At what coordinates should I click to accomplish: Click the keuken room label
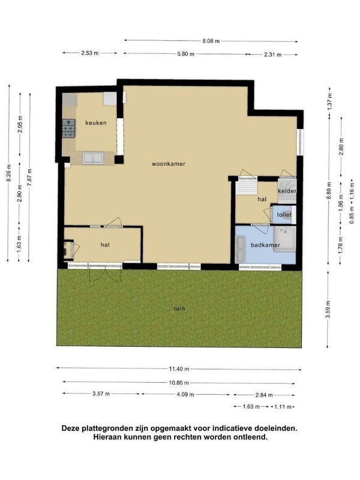point(96,123)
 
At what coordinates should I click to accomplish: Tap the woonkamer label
point(169,164)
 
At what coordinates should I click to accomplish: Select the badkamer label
point(265,245)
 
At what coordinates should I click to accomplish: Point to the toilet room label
point(284,215)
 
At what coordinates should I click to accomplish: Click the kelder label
point(287,191)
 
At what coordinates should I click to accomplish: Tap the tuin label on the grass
point(179,308)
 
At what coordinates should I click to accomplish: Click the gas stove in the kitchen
point(68,128)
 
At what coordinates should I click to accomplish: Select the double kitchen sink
point(93,158)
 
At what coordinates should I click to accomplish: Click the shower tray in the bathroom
point(284,239)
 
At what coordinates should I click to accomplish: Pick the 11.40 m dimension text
point(179,369)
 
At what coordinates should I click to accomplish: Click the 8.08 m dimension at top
point(211,41)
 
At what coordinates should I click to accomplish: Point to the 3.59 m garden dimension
point(328,310)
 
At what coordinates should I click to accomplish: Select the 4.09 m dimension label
point(185,394)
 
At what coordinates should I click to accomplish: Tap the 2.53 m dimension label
point(89,53)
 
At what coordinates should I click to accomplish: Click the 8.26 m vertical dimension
point(9,173)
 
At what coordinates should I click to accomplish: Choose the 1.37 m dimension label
point(329,101)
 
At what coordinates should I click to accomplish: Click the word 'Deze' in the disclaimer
point(70,428)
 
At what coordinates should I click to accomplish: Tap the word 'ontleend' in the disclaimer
point(252,437)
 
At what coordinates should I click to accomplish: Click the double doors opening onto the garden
point(105,273)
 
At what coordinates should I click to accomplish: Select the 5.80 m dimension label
point(185,54)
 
